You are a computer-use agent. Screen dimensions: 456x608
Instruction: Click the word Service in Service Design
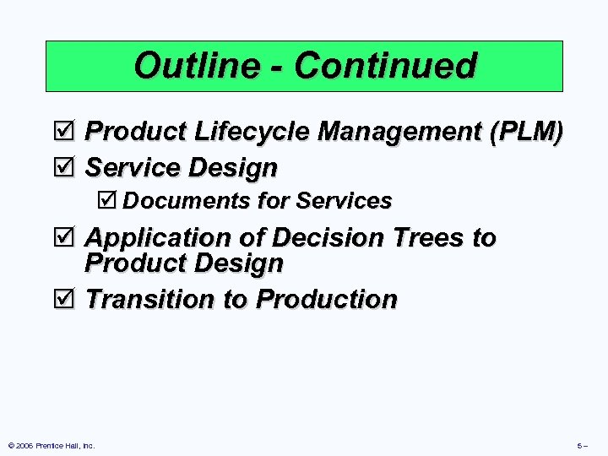pyautogui.click(x=133, y=168)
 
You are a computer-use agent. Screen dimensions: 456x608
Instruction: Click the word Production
pyautogui.click(x=327, y=300)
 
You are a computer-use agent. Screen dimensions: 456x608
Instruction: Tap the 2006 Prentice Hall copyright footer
pyautogui.click(x=52, y=445)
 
